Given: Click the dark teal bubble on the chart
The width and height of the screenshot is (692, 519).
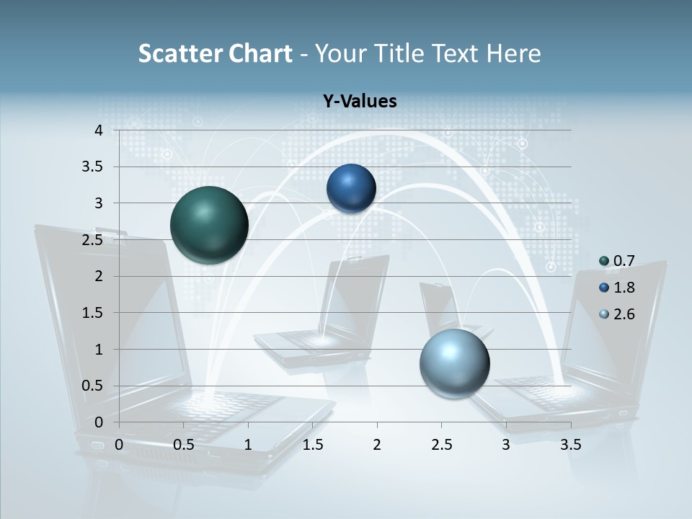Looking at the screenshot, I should click(x=209, y=225).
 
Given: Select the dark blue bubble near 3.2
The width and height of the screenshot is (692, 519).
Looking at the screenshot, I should click(x=351, y=188).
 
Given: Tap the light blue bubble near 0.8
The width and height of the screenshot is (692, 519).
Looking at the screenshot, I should click(x=454, y=363).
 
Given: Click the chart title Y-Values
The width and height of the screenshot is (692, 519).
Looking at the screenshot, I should click(x=360, y=102).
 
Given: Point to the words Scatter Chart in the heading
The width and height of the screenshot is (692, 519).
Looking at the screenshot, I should click(x=215, y=53).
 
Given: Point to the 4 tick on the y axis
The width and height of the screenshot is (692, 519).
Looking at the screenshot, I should click(x=99, y=130).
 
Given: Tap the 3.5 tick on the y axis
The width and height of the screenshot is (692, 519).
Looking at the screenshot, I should click(x=94, y=167).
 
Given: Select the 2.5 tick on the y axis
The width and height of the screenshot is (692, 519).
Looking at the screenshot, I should click(x=94, y=240).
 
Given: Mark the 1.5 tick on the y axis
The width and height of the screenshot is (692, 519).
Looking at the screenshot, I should click(x=94, y=313).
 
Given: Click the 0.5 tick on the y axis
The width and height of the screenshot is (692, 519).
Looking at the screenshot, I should click(x=94, y=386).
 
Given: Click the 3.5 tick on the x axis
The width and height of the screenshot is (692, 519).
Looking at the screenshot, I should click(x=570, y=445).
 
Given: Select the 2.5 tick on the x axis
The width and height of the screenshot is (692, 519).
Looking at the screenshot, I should click(x=441, y=445).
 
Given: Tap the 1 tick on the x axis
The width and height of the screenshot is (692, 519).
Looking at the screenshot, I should click(x=248, y=445).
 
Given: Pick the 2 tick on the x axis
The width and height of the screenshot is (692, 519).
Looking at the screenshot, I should click(x=377, y=445).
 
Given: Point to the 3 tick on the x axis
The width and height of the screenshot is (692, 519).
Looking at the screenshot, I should click(x=506, y=445).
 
